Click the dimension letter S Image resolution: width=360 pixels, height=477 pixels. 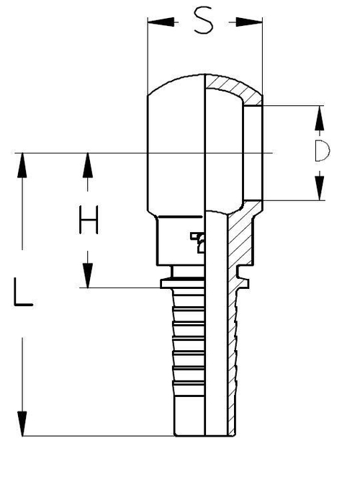click(x=205, y=23)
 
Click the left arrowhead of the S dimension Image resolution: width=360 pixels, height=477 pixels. click(x=153, y=22)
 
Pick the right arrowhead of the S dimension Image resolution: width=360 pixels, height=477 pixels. click(x=256, y=22)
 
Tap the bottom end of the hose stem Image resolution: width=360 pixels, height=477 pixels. click(x=205, y=434)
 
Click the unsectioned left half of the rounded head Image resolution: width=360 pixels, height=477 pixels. click(x=176, y=144)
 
